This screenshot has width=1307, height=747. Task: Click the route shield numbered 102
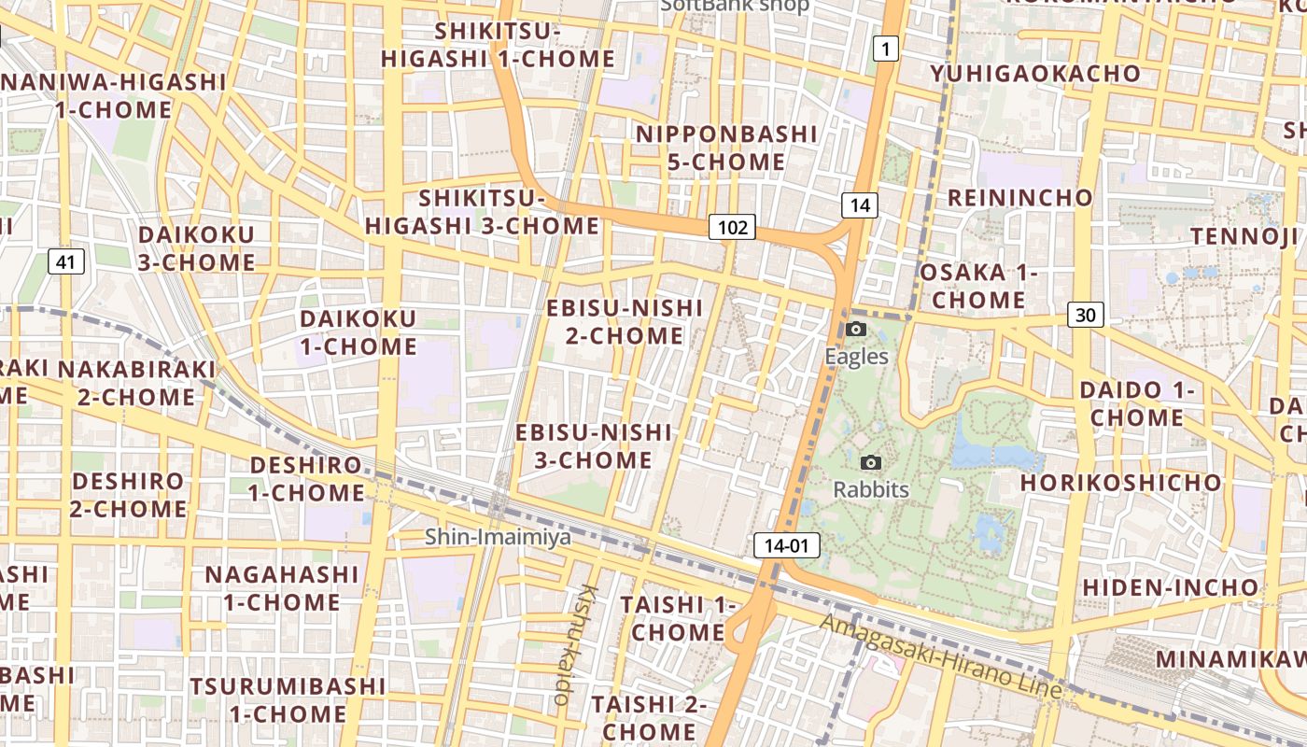[x=732, y=227]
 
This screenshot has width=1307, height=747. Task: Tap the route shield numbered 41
[x=64, y=261]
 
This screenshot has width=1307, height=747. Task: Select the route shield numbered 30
[x=1086, y=315]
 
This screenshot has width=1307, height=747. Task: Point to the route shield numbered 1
[x=885, y=49]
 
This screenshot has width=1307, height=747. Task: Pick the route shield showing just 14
[x=860, y=205]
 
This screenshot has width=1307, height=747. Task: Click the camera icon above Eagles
[x=856, y=329]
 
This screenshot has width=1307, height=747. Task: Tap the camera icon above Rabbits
[x=871, y=462]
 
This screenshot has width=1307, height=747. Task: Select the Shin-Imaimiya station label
[x=498, y=537]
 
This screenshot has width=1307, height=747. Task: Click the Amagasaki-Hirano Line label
[x=941, y=656]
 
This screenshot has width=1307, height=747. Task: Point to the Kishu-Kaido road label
[x=575, y=644]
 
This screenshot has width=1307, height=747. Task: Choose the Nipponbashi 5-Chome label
[x=726, y=148]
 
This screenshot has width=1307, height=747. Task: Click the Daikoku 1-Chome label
[x=358, y=332]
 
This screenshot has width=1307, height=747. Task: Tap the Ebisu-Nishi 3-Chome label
[x=594, y=446]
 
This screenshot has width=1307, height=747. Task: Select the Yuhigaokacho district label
[x=1035, y=73]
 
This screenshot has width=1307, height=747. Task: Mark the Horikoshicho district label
[x=1120, y=483]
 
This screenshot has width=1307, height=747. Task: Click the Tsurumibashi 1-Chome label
[x=288, y=700]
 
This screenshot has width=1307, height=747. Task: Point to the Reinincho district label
[x=1019, y=198]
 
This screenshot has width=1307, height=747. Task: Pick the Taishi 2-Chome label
[x=649, y=717]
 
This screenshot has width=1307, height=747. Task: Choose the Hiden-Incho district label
[x=1170, y=587]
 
